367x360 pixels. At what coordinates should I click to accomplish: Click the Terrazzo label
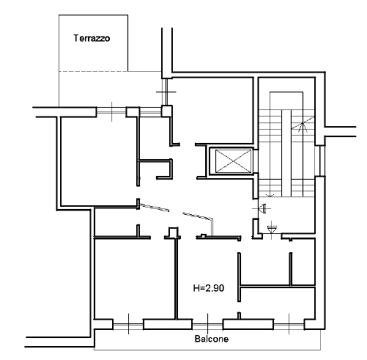(92, 38)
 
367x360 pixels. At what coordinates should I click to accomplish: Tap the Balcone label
(212, 339)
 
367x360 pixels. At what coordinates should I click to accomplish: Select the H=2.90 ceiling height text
(209, 288)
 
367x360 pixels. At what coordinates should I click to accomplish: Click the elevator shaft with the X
(234, 161)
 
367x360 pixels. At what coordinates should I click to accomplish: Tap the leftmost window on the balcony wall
(128, 324)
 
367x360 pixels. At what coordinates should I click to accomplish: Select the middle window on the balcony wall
(207, 324)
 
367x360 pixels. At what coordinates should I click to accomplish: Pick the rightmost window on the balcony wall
(289, 324)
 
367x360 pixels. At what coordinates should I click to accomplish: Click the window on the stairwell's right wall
(320, 161)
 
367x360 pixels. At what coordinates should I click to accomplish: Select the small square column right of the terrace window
(167, 111)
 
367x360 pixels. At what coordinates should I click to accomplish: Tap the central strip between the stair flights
(286, 153)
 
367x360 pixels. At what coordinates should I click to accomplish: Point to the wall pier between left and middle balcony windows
(168, 324)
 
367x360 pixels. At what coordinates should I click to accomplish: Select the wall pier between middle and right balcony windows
(248, 324)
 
